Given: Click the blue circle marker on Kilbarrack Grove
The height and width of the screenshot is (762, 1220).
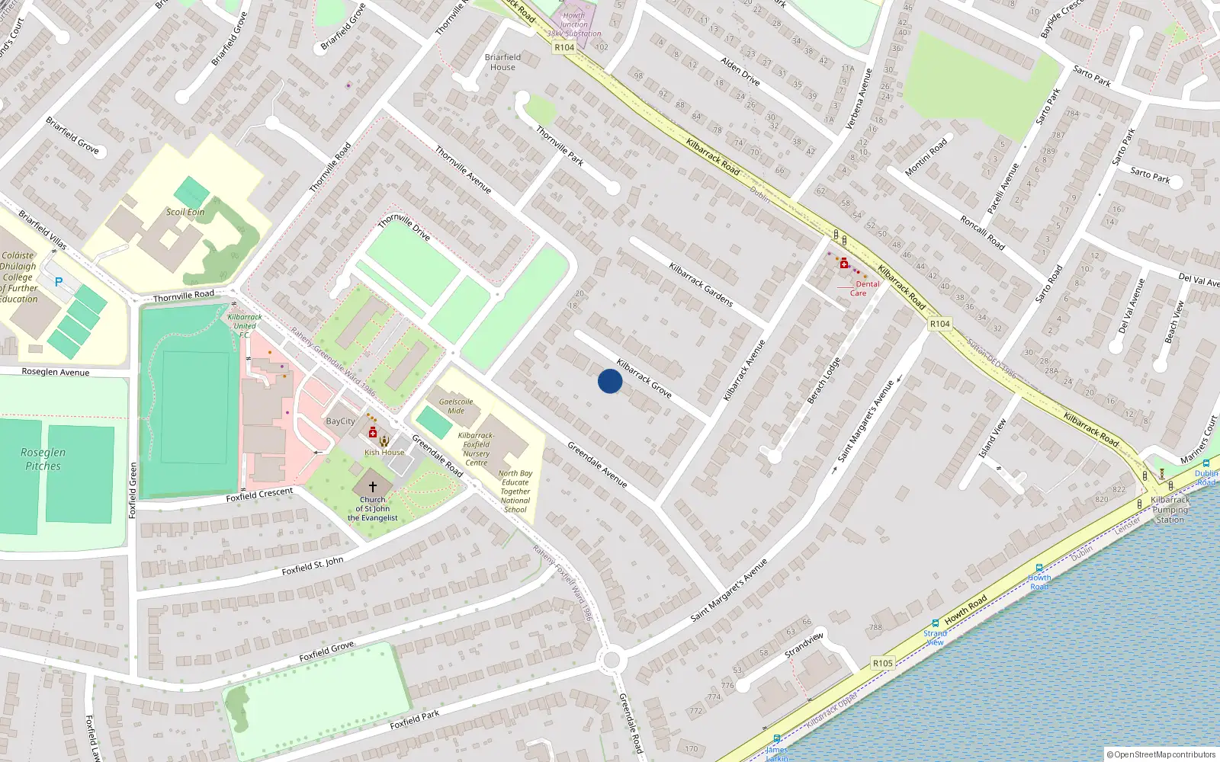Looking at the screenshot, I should point(610,381).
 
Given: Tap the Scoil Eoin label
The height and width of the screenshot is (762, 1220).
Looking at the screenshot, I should point(185,212).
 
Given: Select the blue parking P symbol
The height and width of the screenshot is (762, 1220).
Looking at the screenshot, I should point(59,282).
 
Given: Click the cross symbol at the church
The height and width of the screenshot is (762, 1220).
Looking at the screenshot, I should point(373,486).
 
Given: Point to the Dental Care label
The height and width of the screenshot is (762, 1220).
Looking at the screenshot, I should point(863,288).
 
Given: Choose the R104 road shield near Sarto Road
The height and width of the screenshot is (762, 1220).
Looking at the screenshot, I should point(939,324).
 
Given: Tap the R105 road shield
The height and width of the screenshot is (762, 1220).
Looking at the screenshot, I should point(882,663).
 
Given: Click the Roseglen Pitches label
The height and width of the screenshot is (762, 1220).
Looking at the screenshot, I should point(43,459).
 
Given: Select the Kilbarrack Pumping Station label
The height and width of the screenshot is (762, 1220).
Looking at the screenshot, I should point(1170,510).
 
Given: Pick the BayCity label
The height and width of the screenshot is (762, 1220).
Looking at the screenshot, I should point(340,421).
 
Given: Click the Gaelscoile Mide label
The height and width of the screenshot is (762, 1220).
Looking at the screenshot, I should point(456,406).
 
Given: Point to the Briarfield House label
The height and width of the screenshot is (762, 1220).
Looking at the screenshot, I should point(502,62).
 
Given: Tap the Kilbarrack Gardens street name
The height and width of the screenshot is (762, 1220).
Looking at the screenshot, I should point(701,285).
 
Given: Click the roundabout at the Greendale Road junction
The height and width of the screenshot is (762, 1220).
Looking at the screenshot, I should point(612,660).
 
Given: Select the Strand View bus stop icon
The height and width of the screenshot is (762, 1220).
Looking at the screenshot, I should point(936,623).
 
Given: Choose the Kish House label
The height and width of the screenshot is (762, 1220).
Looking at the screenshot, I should point(384,453).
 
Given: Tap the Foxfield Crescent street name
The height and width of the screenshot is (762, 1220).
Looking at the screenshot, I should point(259,495).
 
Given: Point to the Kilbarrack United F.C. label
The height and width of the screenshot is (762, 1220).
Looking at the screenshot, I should point(245,325).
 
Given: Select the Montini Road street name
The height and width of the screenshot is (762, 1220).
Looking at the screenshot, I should point(926,157).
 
